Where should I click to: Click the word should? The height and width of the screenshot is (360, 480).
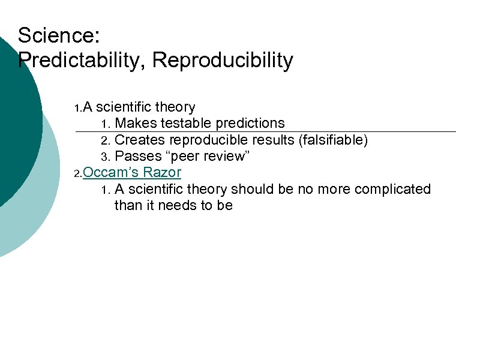[251, 190]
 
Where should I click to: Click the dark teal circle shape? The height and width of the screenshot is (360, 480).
[15, 120]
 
